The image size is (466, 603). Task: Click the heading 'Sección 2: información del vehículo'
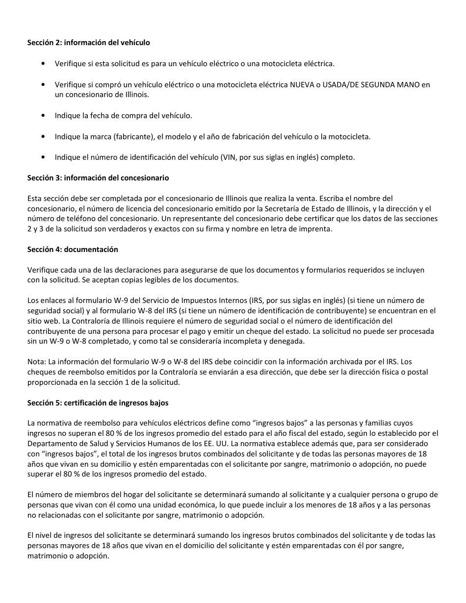pyautogui.click(x=88, y=43)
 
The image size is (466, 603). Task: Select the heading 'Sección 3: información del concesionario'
pyautogui.click(x=98, y=178)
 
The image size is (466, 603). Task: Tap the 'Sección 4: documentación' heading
pyautogui.click(x=73, y=250)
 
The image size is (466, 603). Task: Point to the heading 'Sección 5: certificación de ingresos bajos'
pyautogui.click(x=98, y=403)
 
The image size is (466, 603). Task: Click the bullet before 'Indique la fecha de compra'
pyautogui.click(x=45, y=116)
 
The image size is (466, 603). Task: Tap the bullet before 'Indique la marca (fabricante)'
pyautogui.click(x=45, y=137)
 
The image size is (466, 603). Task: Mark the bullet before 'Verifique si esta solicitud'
pyautogui.click(x=45, y=64)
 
